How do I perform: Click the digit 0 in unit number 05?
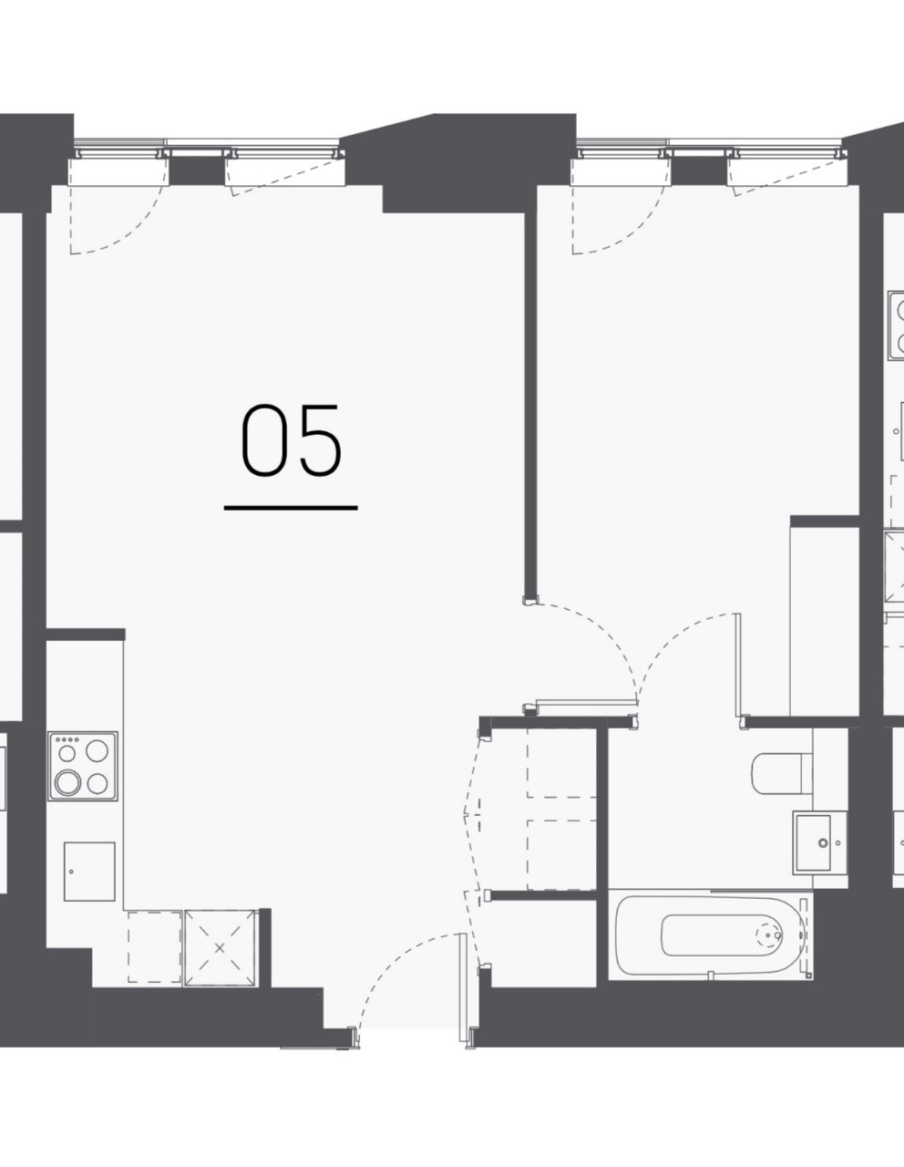point(263,441)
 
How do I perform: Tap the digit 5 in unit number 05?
point(319,441)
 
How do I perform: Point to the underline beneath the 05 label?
point(291,507)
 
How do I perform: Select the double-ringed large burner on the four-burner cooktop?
point(68,781)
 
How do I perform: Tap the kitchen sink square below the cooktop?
point(89,871)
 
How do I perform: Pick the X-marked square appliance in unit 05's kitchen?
point(220,947)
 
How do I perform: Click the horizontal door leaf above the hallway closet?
point(583,702)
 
